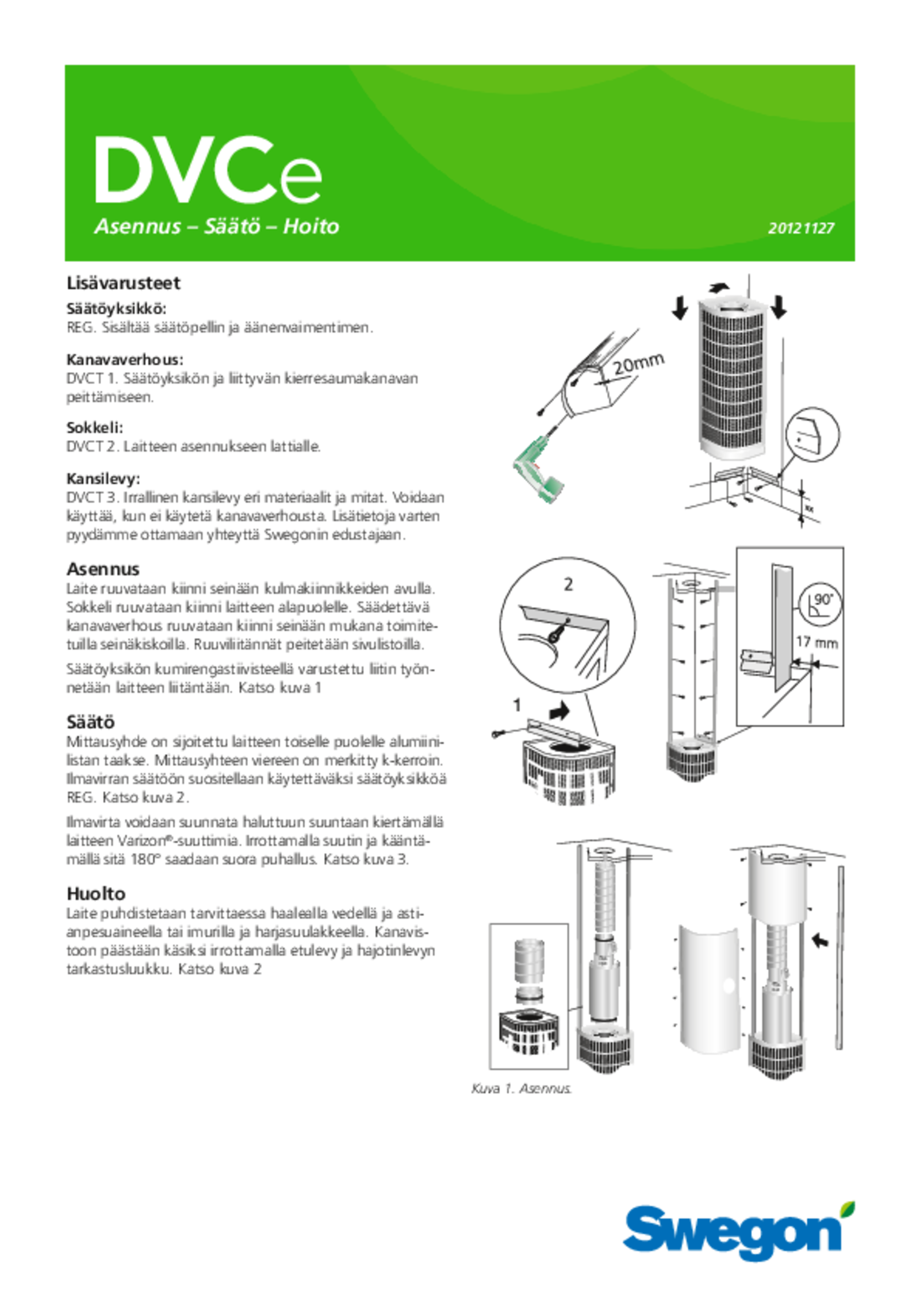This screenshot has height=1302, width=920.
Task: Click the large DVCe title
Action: (208, 171)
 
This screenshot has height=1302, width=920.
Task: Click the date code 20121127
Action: (801, 228)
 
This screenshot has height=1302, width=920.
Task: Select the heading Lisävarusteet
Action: (123, 283)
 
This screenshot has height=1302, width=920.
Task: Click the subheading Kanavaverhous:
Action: (125, 360)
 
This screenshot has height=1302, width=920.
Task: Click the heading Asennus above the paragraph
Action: (103, 569)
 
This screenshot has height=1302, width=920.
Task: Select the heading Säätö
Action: (91, 722)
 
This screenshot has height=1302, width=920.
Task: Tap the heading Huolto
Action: (96, 894)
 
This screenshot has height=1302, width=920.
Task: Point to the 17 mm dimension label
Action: (816, 642)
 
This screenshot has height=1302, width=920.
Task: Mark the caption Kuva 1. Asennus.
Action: (521, 1089)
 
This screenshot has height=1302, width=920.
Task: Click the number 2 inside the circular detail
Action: (568, 585)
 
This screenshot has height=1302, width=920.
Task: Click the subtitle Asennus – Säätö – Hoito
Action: (217, 226)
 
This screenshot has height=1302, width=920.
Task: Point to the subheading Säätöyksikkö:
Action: (116, 309)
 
